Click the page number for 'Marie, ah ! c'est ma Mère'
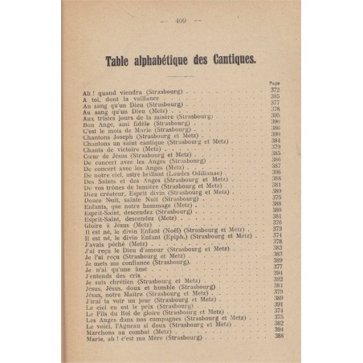274,336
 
